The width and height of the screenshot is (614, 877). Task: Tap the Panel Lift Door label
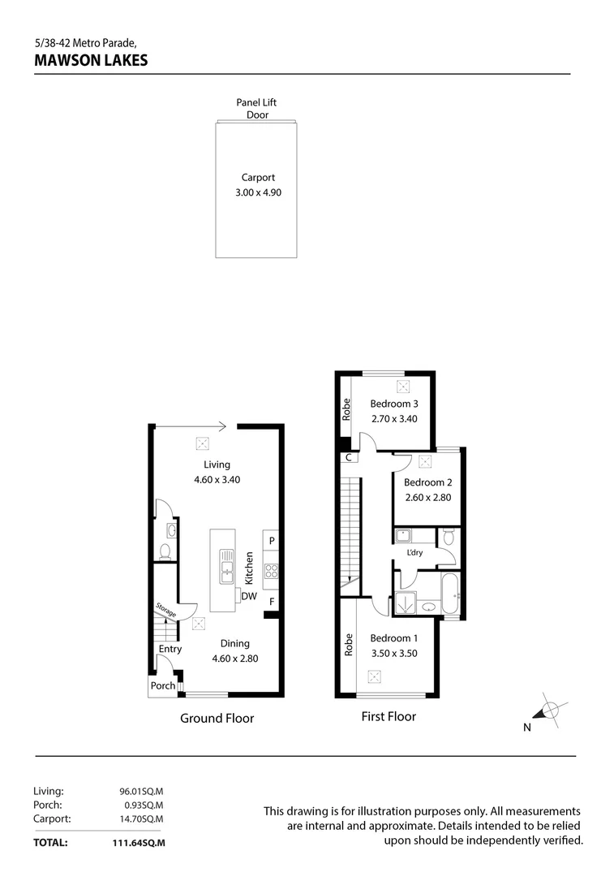(x=256, y=109)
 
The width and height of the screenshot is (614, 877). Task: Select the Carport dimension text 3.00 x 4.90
(x=256, y=192)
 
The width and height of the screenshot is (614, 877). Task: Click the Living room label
(x=217, y=464)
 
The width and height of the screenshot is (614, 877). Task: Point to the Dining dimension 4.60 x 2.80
(x=234, y=659)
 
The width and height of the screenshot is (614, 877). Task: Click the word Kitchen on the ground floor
(x=250, y=568)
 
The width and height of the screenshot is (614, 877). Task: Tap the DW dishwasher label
(x=248, y=597)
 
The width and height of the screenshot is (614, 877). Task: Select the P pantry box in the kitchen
(x=272, y=541)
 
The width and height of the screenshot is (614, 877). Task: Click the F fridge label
(x=272, y=602)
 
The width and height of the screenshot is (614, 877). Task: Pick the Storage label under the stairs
(x=165, y=610)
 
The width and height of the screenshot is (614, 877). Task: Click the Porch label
(x=161, y=685)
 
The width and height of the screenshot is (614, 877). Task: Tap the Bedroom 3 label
(x=394, y=404)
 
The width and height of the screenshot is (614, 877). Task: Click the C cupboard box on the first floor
(x=348, y=457)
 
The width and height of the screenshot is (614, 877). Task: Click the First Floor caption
(x=389, y=716)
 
